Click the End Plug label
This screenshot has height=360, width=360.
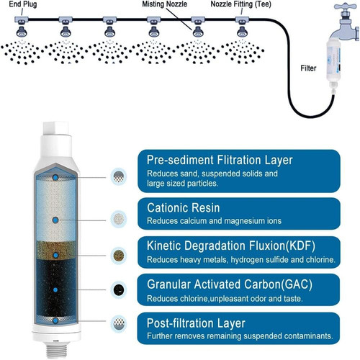pos(23,4)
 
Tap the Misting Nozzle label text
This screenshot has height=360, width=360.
pos(164,4)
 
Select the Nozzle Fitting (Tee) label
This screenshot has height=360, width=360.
pos(240,4)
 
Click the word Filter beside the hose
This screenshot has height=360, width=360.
pos(308,68)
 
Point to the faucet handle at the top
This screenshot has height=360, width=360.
pos(346,6)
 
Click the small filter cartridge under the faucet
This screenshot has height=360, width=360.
pos(334,64)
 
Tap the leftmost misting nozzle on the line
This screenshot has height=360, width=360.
pos(22,31)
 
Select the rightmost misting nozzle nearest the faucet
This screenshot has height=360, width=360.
pos(242,31)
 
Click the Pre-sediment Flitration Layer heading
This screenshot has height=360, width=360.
pos(220,160)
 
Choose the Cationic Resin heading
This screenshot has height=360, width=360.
pos(184,207)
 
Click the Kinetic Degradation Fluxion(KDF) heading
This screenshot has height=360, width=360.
pos(231,246)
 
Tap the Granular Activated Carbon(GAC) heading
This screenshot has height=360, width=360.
pos(230,284)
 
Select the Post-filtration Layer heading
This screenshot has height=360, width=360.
pos(196,323)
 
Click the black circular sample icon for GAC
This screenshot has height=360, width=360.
pos(119,289)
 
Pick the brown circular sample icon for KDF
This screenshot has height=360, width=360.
pos(119,256)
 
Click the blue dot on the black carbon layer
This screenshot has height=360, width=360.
pos(55,290)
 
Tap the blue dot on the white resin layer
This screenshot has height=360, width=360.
pos(55,220)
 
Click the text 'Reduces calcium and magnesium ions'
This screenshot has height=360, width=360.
pos(214,221)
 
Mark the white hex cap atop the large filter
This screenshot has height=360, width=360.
pos(55,128)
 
